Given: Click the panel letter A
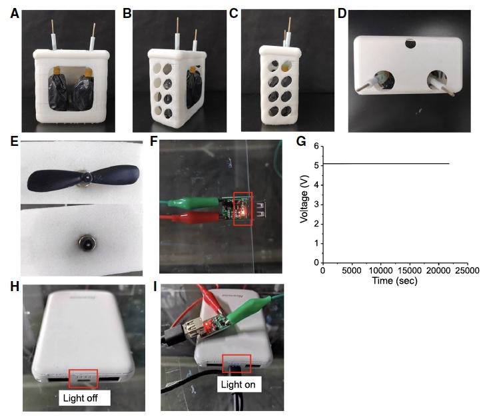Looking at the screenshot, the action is click(x=15, y=13).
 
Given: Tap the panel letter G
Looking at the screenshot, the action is click(x=301, y=141).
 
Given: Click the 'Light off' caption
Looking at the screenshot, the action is click(x=81, y=398).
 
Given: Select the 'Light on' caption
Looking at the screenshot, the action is click(x=239, y=384).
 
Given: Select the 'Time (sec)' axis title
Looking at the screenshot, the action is click(x=394, y=280).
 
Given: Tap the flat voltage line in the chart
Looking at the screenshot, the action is click(x=386, y=164).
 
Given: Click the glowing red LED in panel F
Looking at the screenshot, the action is click(x=244, y=212).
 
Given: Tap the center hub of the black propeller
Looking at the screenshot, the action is click(x=87, y=178).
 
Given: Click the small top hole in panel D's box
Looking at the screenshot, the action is click(x=410, y=43).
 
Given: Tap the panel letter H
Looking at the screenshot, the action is click(x=15, y=286).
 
